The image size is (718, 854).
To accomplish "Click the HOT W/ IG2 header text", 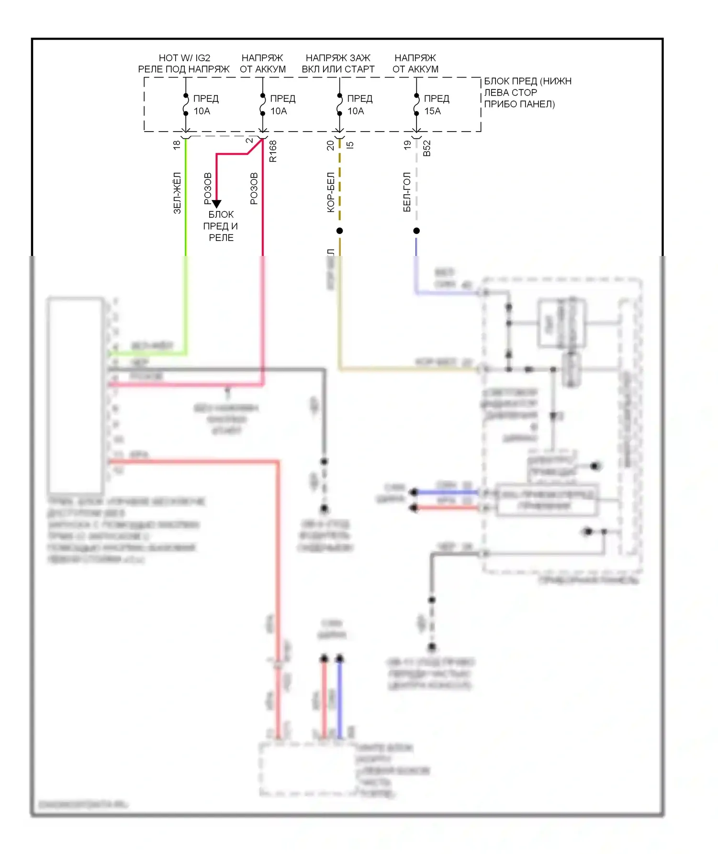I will [x=184, y=58].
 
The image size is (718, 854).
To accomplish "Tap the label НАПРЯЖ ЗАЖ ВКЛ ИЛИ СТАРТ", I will [x=338, y=64].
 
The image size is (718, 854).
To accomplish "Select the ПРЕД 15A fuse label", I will [x=436, y=104].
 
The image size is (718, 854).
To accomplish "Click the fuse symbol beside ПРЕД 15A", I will [x=416, y=105].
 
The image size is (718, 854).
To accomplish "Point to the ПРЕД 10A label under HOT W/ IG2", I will [x=206, y=104].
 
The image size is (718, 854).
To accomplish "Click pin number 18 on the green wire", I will [x=177, y=144].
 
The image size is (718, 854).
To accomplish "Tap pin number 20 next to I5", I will [x=330, y=145].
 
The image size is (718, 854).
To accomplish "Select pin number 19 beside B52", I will [x=407, y=145].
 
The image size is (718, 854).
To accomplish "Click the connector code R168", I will [x=273, y=151].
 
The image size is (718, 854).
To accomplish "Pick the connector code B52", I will [x=427, y=148].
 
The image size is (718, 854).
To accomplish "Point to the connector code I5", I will [x=350, y=144].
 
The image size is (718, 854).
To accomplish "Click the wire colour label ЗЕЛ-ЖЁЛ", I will [x=177, y=193].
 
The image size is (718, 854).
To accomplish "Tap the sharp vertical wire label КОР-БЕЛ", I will [x=331, y=192].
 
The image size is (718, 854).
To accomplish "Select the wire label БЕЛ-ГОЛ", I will [x=407, y=192].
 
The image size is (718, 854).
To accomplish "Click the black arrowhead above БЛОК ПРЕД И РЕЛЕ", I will [x=216, y=204].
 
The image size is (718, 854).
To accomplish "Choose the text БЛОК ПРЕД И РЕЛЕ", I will [x=221, y=226].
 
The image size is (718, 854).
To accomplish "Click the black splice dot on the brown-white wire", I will [x=339, y=231].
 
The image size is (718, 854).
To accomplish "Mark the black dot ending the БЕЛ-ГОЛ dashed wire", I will [x=416, y=231].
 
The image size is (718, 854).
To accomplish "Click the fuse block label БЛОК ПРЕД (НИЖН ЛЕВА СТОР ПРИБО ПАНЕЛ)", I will [x=527, y=92].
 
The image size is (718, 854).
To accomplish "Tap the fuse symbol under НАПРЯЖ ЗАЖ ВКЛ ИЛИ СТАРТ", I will [x=339, y=105].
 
